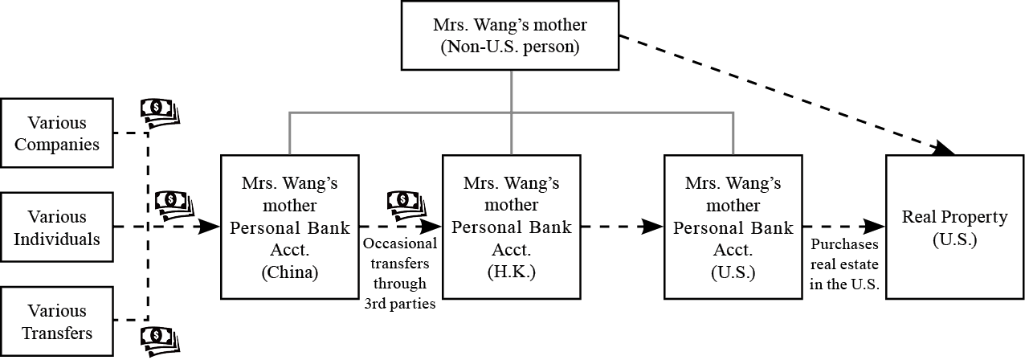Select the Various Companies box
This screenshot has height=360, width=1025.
click(57, 133)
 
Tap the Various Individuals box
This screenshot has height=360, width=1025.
click(57, 227)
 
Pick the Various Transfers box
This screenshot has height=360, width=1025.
click(57, 321)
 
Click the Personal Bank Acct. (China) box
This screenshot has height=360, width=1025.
click(290, 227)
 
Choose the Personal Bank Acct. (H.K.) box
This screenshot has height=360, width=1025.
click(511, 227)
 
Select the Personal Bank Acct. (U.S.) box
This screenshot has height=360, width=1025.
click(733, 227)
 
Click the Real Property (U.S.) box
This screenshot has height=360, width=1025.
click(954, 227)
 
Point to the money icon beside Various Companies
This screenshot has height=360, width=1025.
click(161, 112)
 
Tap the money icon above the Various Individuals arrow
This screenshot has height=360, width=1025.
click(173, 204)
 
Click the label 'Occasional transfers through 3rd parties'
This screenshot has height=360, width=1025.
click(399, 273)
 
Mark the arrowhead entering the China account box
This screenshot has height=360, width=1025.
click(210, 227)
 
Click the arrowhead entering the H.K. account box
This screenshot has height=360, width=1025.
click(432, 227)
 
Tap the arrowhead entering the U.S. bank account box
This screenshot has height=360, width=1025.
click(654, 227)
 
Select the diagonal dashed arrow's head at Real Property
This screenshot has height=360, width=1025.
click(945, 148)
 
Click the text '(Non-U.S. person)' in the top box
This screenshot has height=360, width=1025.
click(510, 46)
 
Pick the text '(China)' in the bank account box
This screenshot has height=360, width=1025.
click(290, 272)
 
